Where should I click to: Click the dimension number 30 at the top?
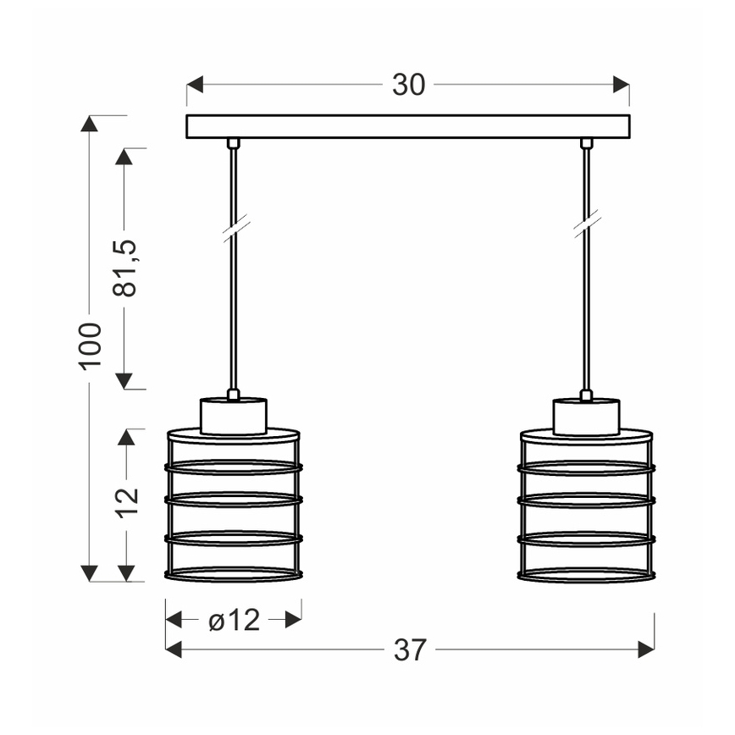pos(408,86)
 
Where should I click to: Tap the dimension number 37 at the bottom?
pos(409,649)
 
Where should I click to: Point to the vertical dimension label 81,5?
pos(125,268)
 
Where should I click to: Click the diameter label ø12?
pos(234,621)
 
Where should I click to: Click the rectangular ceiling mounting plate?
pos(408,126)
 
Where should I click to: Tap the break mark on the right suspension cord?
pos(586,224)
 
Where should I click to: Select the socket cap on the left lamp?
pos(234,416)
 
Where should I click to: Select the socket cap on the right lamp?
pos(586,416)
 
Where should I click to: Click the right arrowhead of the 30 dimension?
pos(622,86)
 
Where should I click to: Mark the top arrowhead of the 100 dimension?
pos(91,124)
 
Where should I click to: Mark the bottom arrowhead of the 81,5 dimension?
pos(125,380)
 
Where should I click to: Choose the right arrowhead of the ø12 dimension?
pos(293,621)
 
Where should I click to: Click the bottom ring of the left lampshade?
pos(234,575)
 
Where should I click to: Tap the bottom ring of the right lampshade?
pos(586,575)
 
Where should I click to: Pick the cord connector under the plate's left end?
pos(234,143)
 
